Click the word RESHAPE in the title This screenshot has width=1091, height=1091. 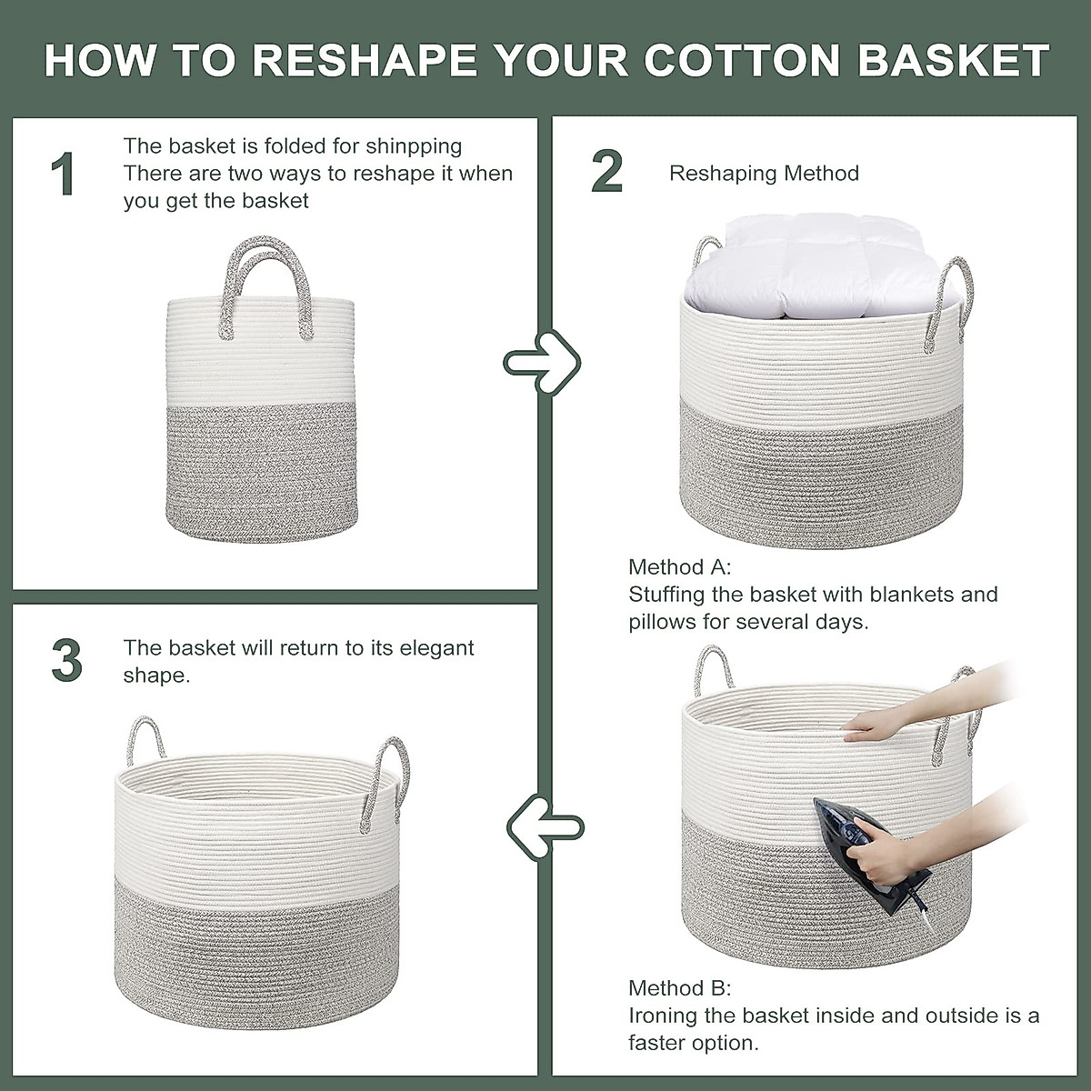click(x=364, y=59)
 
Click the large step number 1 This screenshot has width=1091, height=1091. click(x=62, y=175)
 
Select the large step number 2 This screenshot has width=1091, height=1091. click(x=606, y=172)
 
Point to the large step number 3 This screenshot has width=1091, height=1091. click(x=66, y=661)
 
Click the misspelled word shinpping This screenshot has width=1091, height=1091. click(x=415, y=146)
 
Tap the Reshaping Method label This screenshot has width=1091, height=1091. click(x=764, y=174)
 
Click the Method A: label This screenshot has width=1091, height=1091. click(x=679, y=568)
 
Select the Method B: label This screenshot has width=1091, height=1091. click(x=679, y=988)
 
